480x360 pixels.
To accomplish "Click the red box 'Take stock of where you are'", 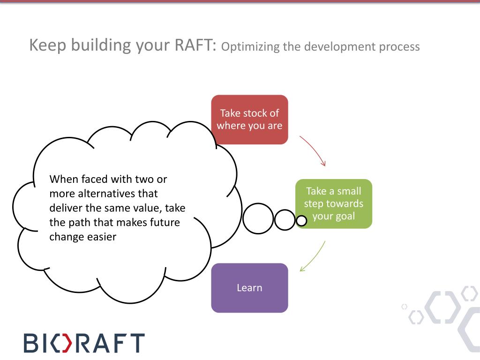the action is pos(249,120).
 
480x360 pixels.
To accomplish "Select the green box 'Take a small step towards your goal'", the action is pos(333,204).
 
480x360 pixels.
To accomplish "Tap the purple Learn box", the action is pos(249,288).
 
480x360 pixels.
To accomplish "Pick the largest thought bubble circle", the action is pos(258,219).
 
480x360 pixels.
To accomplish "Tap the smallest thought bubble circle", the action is pos(301,221).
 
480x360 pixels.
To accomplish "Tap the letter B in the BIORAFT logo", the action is pos(33,343).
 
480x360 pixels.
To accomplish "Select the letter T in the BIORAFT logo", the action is pos(135,343).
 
